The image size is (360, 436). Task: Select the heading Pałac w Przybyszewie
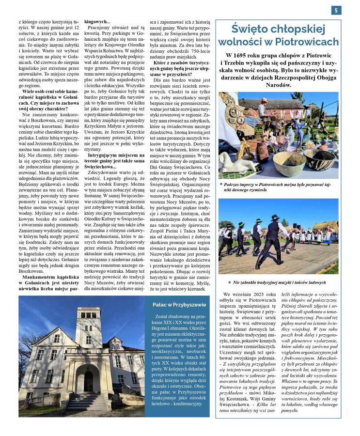pyautogui.click(x=179, y=305)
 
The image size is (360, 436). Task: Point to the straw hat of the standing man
pyautogui.click(x=264, y=100)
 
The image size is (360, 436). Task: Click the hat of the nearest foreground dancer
pyautogui.click(x=275, y=218)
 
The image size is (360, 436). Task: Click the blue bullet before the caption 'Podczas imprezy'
pyautogui.click(x=221, y=185)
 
